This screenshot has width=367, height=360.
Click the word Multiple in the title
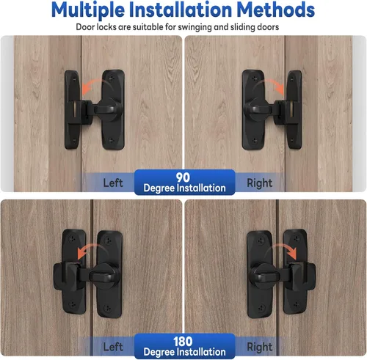[x=88, y=10]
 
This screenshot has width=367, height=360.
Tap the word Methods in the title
[x=276, y=10]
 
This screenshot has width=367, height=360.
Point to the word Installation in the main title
[x=181, y=10]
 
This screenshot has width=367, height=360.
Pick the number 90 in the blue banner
[x=183, y=177]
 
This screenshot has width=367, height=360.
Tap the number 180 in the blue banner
[x=183, y=341]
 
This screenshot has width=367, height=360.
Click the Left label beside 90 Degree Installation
[x=113, y=183]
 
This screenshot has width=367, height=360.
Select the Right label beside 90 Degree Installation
[x=259, y=183]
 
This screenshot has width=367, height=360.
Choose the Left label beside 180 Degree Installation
[x=113, y=347]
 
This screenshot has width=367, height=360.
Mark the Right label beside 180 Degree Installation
[x=259, y=347]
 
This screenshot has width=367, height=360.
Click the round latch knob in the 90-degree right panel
[x=256, y=109]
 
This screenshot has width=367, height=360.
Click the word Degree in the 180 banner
[x=159, y=352]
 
